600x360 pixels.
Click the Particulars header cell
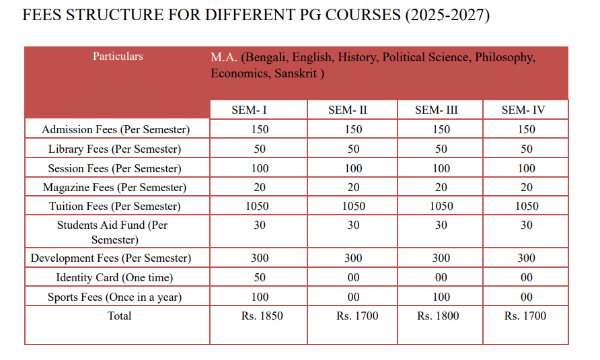[x=118, y=57]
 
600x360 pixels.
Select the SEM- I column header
[x=259, y=110]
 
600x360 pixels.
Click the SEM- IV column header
[x=526, y=110]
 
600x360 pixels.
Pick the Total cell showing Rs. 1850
[x=259, y=316]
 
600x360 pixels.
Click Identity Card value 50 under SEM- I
[x=260, y=277]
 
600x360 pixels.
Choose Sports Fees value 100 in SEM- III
[x=441, y=297]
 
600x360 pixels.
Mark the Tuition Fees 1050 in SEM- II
[x=353, y=207]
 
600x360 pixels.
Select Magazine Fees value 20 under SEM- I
[x=260, y=187]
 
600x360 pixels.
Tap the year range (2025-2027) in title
[x=447, y=15]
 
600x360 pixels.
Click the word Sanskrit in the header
[x=297, y=73]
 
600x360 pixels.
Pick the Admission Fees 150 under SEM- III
[x=441, y=129]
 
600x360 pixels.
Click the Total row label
[x=119, y=316]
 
